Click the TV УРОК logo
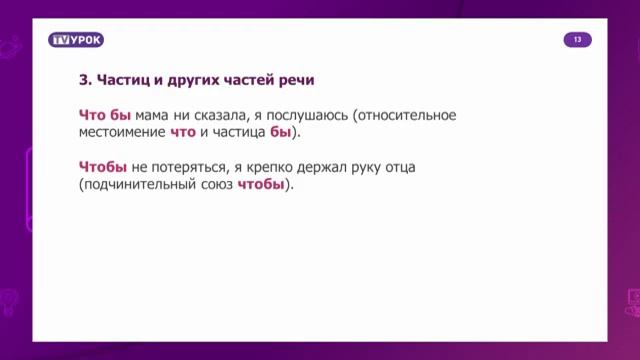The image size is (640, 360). click(76, 40)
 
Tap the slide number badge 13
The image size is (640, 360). click(577, 40)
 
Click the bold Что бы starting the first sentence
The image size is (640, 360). click(105, 115)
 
